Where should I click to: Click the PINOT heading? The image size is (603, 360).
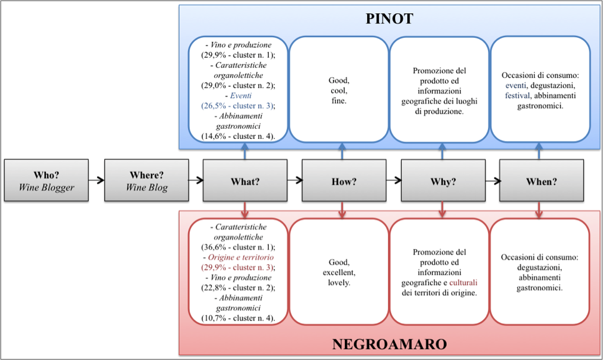point(389,19)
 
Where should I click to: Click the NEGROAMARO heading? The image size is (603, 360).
point(389,344)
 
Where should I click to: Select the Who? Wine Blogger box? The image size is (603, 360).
point(46,180)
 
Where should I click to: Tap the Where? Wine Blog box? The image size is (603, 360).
point(146,180)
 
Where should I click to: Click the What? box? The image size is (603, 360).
point(245,181)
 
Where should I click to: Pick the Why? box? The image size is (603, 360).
point(443,181)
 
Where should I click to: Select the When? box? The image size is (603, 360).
point(541,181)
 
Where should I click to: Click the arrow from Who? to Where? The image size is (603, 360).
point(96,179)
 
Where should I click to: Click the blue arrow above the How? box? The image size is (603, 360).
point(342,152)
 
